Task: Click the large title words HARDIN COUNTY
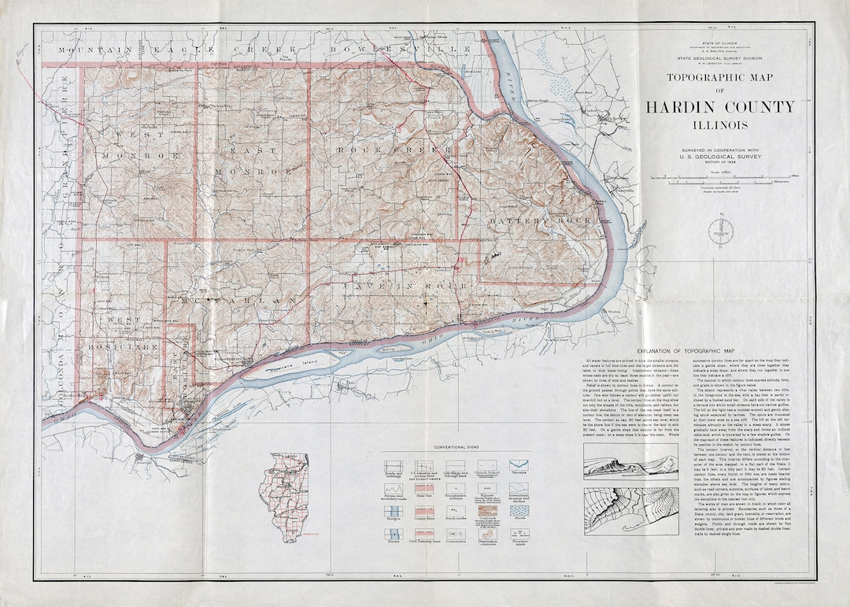point(720,107)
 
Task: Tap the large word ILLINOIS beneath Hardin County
point(720,124)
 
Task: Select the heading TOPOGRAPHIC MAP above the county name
point(720,78)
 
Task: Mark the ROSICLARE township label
point(131,346)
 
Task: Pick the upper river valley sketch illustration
point(641,466)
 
